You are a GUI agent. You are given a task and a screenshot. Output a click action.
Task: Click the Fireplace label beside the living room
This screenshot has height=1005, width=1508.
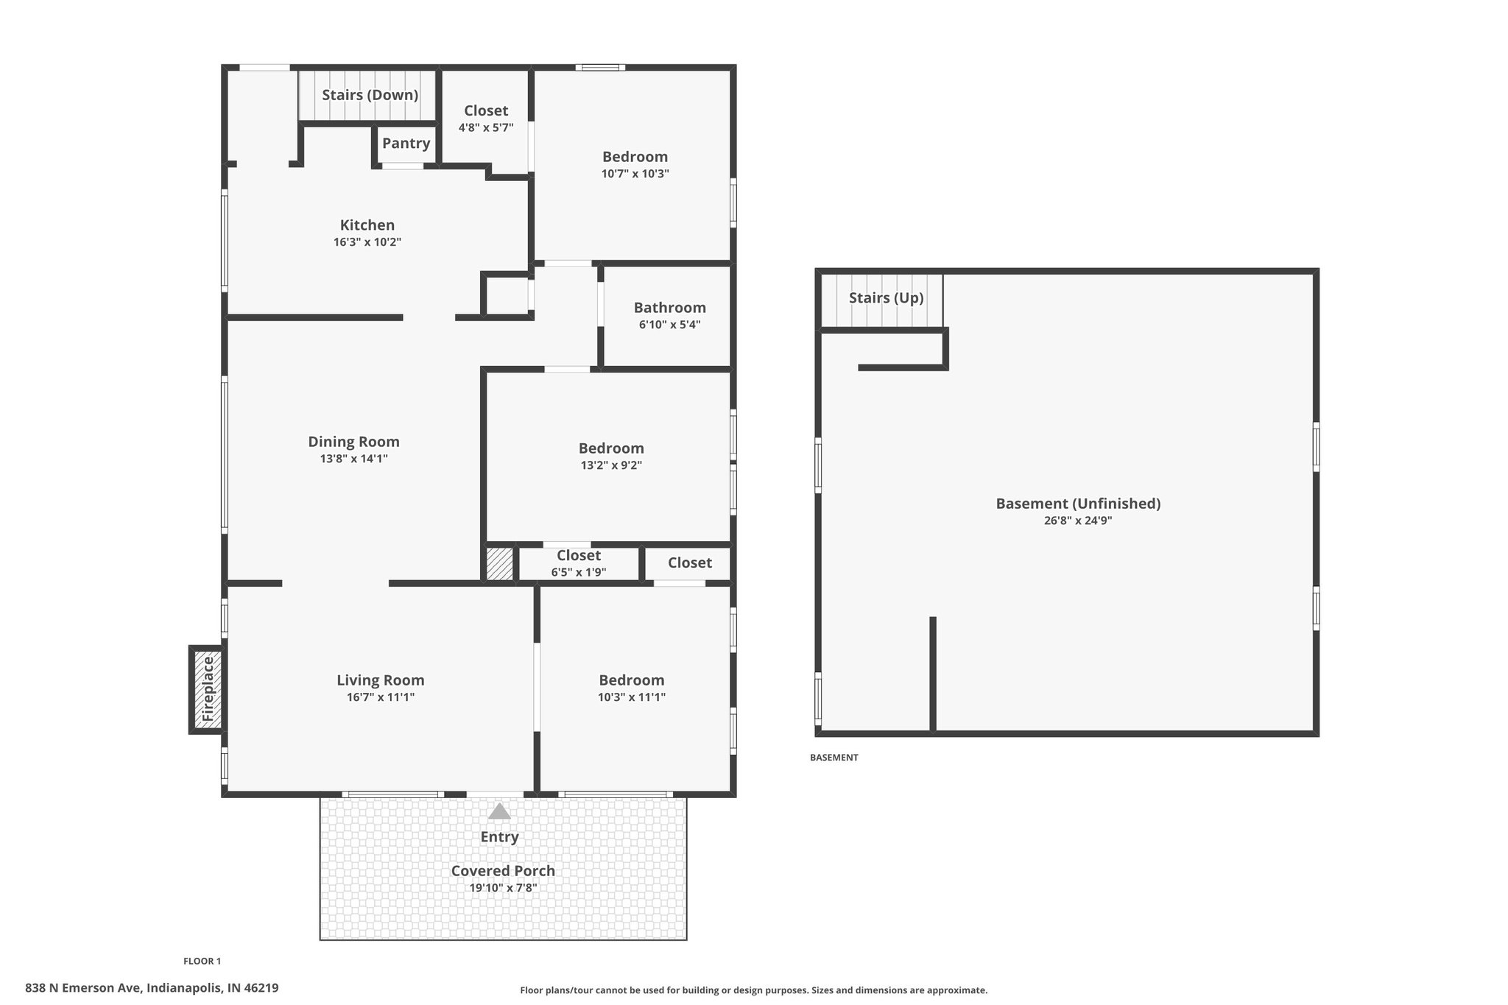[208, 688]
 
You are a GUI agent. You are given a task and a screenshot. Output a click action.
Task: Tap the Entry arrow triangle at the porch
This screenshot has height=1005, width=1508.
[499, 811]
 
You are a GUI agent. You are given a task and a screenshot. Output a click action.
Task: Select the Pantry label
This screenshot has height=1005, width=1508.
[406, 144]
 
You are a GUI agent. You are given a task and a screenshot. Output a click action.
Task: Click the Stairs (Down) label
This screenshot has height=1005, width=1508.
[370, 95]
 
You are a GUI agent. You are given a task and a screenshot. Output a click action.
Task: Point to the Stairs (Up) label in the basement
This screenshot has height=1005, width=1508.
[886, 298]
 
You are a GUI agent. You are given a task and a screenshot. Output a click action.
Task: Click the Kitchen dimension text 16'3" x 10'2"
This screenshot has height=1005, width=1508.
[367, 242]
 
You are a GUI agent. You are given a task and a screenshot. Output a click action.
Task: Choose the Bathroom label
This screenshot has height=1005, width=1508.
[670, 308]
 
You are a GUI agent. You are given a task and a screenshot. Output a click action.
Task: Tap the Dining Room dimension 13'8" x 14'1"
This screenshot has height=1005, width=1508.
[353, 459]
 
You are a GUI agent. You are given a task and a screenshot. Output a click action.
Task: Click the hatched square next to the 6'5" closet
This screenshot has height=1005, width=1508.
[499, 564]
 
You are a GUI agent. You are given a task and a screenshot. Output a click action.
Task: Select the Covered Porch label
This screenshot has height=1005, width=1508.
[503, 871]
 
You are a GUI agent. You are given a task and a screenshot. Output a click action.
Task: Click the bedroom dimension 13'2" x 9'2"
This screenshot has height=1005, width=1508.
[611, 465]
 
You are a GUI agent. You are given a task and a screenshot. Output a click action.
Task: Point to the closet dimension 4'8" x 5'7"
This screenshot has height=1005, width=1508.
[486, 127]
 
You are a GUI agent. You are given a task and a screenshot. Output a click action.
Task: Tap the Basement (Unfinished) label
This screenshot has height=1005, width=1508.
[1078, 504]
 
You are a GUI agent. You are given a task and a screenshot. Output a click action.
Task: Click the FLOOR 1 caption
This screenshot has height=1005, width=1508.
[202, 961]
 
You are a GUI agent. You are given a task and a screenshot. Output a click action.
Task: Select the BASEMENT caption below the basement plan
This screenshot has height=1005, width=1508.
[834, 758]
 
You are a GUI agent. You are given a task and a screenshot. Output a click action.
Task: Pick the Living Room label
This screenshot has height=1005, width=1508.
[381, 680]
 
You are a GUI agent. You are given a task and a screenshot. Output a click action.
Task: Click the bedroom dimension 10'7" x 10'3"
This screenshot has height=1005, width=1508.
[635, 174]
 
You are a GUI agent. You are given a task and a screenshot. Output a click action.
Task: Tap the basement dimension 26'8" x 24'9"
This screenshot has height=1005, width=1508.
[1078, 521]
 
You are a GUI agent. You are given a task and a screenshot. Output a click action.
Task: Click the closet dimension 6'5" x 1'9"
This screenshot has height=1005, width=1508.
[579, 572]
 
